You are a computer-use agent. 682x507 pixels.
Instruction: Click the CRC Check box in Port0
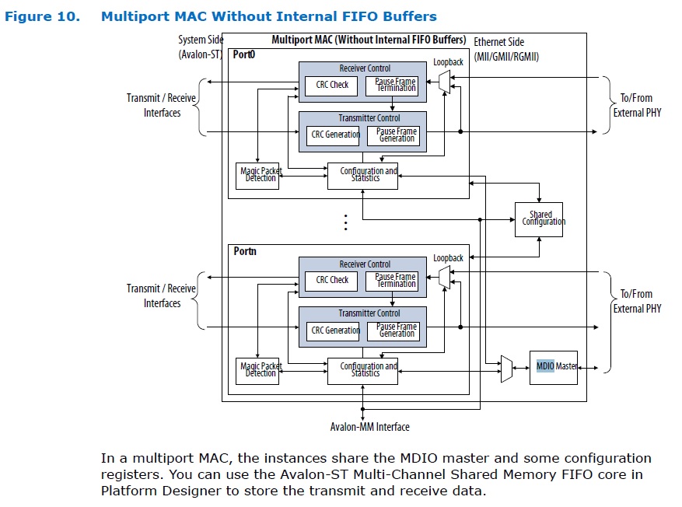pyautogui.click(x=332, y=85)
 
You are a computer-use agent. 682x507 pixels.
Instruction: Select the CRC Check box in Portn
pyautogui.click(x=332, y=280)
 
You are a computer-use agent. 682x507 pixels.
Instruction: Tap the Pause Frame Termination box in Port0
pyautogui.click(x=395, y=85)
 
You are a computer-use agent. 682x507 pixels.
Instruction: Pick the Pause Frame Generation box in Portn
pyautogui.click(x=397, y=330)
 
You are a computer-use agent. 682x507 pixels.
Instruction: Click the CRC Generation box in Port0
pyautogui.click(x=335, y=135)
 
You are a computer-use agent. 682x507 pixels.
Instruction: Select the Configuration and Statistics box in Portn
pyautogui.click(x=362, y=370)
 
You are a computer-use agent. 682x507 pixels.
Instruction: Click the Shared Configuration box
pyautogui.click(x=540, y=219)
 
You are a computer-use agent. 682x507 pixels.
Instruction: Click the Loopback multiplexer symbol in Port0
pyautogui.click(x=444, y=79)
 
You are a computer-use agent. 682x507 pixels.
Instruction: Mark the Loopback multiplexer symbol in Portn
pyautogui.click(x=444, y=274)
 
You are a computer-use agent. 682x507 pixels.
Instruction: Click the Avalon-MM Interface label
pyautogui.click(x=369, y=427)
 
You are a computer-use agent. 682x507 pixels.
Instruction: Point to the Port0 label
pyautogui.click(x=245, y=55)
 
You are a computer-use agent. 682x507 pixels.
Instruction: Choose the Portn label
pyautogui.click(x=245, y=251)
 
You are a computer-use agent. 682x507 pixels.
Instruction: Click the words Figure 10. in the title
pyautogui.click(x=42, y=16)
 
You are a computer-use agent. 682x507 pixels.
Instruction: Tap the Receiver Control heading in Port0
pyautogui.click(x=365, y=68)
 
